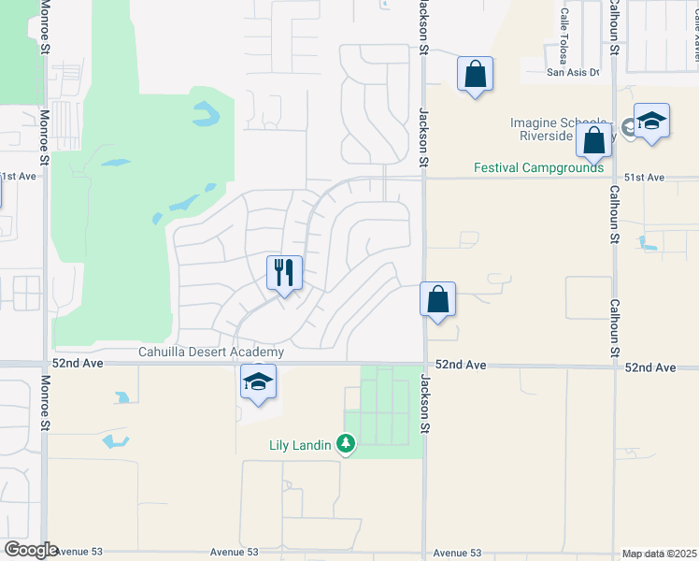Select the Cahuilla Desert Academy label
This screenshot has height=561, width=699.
click(x=211, y=352)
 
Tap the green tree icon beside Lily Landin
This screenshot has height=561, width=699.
click(x=346, y=443)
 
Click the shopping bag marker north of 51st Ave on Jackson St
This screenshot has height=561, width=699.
click(x=475, y=74)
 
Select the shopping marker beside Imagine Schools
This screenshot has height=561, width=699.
click(x=594, y=141)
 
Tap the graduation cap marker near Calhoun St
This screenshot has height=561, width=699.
click(x=651, y=122)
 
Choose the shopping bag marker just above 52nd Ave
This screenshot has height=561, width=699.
click(x=437, y=299)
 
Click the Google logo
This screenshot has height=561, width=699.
click(x=31, y=550)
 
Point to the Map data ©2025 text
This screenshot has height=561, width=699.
click(x=659, y=554)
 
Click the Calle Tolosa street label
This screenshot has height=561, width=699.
click(x=564, y=31)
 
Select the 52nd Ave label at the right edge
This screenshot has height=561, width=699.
click(x=650, y=367)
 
